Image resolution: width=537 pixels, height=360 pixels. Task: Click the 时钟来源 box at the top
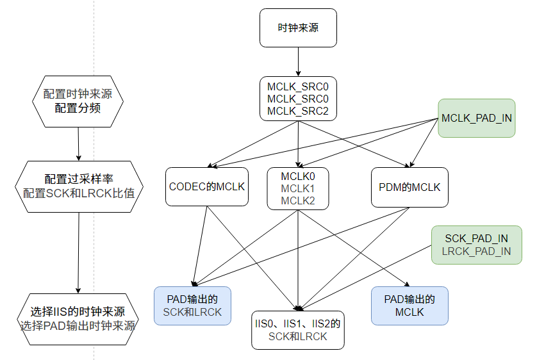click(x=298, y=28)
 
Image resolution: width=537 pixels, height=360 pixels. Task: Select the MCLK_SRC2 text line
click(x=298, y=111)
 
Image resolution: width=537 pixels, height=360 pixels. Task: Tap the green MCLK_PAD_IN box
click(x=477, y=119)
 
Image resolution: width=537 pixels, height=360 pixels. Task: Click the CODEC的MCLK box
click(x=207, y=187)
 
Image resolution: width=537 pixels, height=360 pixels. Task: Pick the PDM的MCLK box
click(x=409, y=187)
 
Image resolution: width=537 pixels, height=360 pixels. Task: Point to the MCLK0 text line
click(x=298, y=175)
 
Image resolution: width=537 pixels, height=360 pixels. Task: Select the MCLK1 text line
click(x=298, y=188)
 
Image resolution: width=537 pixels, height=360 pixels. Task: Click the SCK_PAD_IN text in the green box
click(x=477, y=238)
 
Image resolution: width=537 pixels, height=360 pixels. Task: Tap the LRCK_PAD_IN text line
click(x=477, y=251)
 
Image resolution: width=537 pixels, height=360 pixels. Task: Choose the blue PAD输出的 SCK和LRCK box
click(x=193, y=306)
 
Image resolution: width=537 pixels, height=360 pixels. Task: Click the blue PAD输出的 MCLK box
click(x=409, y=306)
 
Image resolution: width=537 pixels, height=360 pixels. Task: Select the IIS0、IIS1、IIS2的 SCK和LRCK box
click(x=298, y=330)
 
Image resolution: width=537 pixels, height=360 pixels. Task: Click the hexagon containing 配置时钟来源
click(x=78, y=100)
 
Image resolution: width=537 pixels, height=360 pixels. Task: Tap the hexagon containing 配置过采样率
click(x=79, y=186)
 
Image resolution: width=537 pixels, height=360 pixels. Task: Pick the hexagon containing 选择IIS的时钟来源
click(x=78, y=318)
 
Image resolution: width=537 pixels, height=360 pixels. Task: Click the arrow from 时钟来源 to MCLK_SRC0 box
click(x=298, y=62)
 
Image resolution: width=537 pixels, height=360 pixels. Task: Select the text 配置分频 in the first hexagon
click(x=78, y=108)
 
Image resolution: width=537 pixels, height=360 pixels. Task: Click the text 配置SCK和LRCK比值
click(x=79, y=193)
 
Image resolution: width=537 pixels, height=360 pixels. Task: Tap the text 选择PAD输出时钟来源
click(x=78, y=325)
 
